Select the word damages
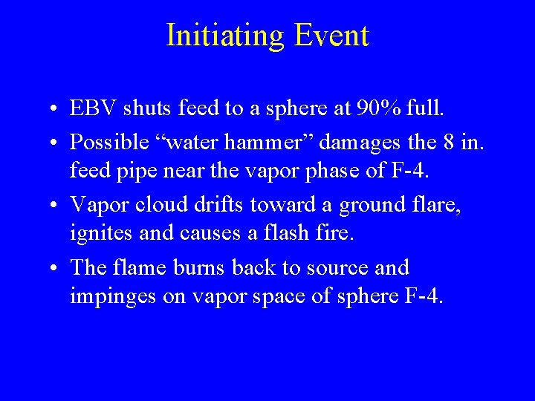(x=348, y=140)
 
